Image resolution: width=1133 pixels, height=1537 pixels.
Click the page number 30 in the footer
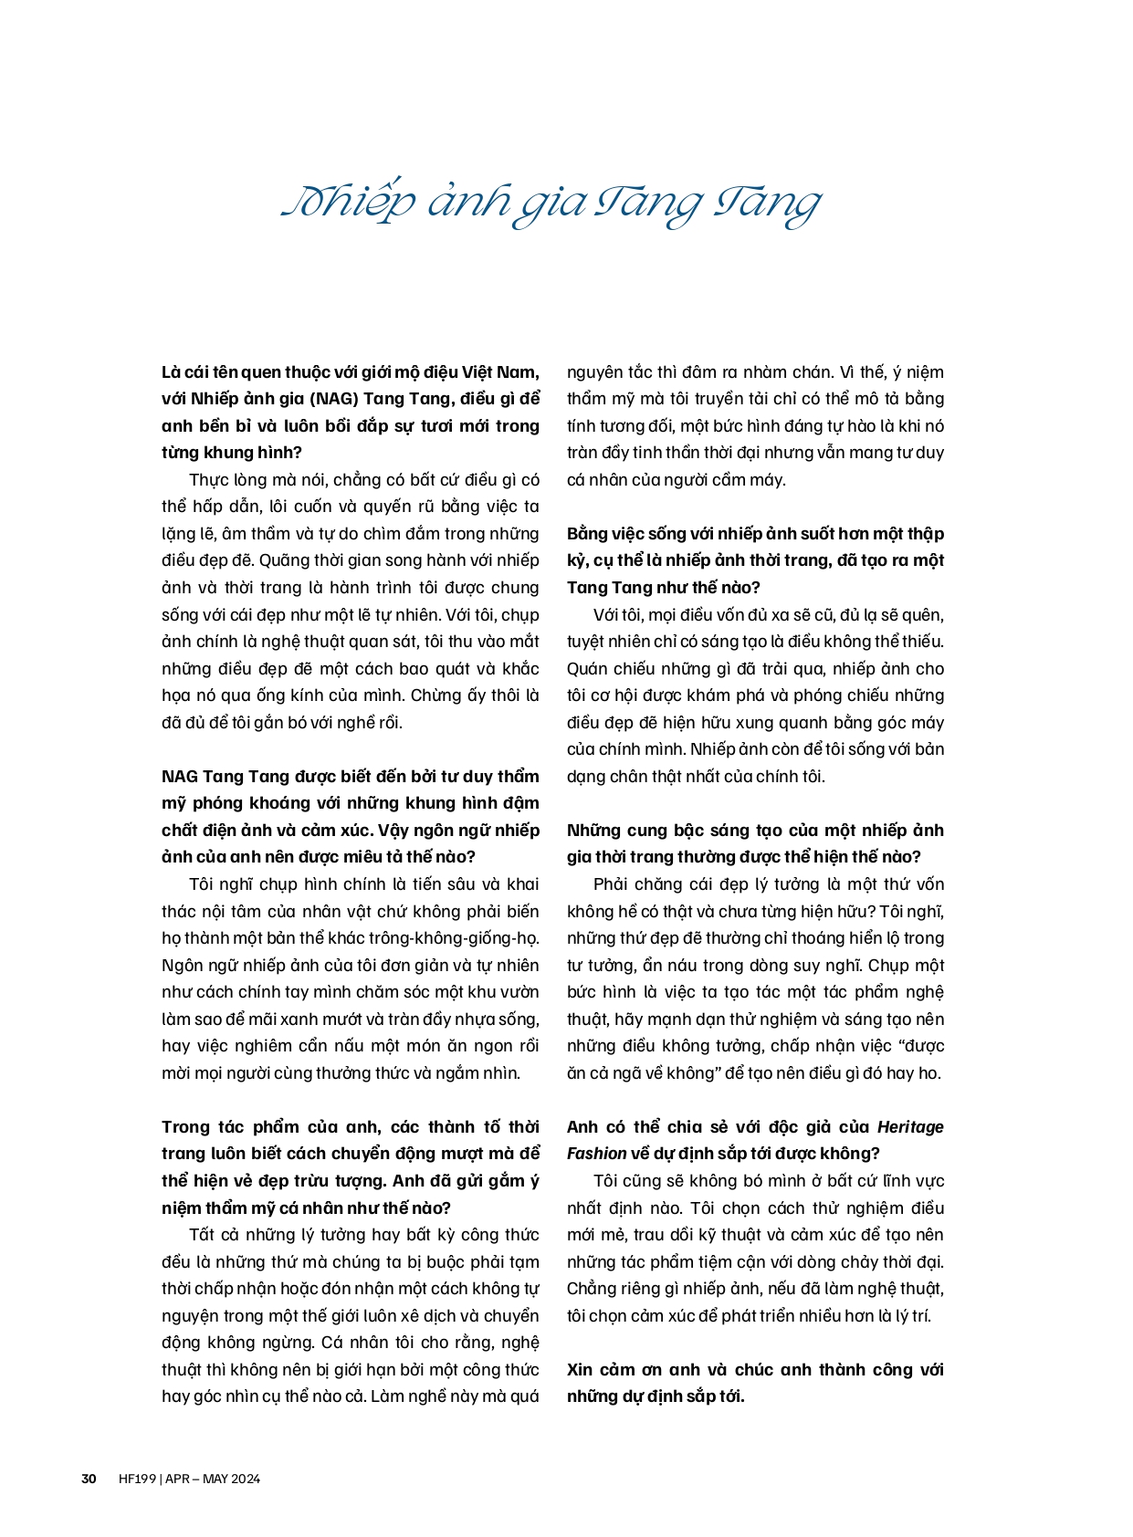(89, 1479)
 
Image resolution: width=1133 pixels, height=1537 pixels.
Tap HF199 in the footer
(137, 1479)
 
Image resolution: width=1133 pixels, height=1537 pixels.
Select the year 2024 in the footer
(245, 1479)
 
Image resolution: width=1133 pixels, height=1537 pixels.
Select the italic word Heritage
(910, 1126)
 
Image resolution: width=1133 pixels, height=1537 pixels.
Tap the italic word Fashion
(596, 1154)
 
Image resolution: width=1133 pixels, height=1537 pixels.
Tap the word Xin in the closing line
(581, 1369)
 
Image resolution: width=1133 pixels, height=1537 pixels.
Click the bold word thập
(926, 534)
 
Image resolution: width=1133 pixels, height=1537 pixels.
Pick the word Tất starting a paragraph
(202, 1235)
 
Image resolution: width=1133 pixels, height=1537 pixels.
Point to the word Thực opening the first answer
(207, 480)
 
